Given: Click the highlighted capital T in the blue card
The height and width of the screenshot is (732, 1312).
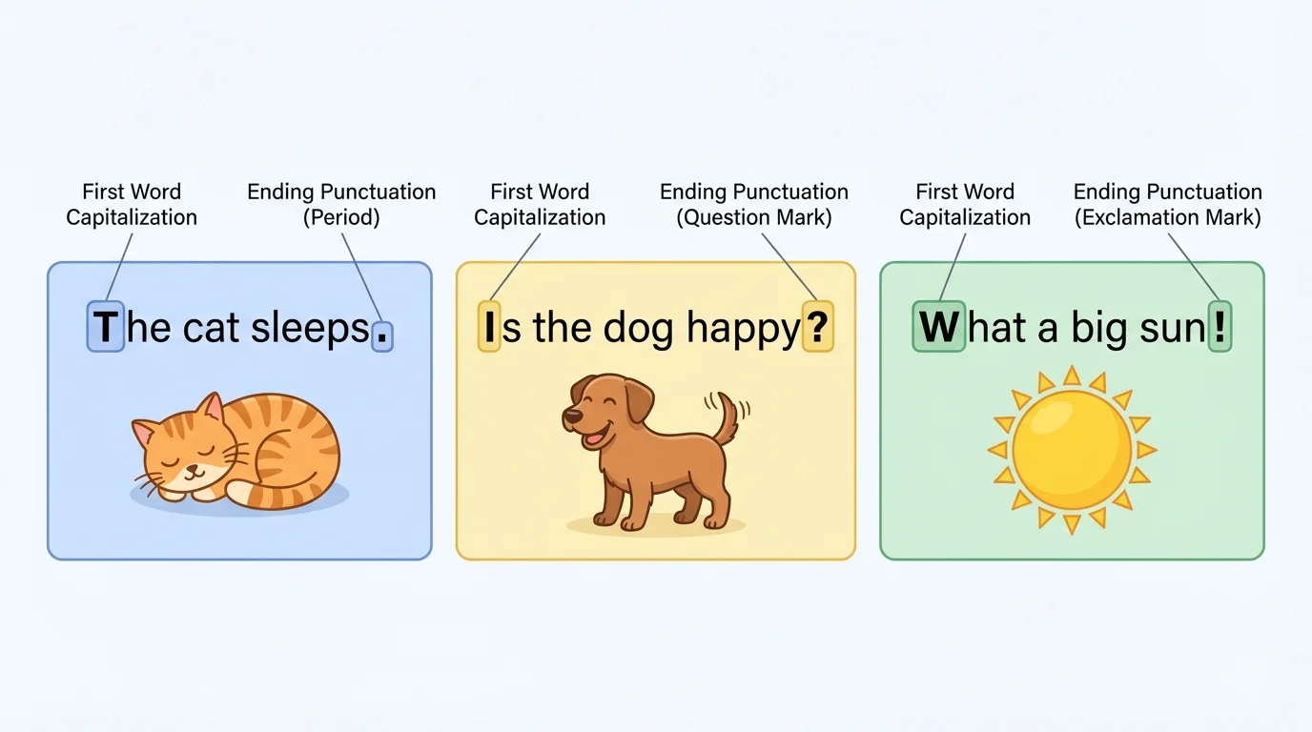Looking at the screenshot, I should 106,328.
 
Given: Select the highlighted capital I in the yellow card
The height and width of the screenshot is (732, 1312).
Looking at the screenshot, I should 489,328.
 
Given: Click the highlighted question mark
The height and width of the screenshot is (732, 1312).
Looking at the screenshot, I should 817,328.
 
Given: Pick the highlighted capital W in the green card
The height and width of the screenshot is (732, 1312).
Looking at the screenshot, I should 939,327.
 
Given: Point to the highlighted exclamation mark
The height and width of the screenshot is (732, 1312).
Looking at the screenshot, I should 1220,327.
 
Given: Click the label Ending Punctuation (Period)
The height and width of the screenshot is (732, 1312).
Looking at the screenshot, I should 341,205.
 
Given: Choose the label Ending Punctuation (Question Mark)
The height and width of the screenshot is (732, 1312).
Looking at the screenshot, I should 754,205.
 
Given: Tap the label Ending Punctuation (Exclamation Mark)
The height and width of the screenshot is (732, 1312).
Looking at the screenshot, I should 1168,205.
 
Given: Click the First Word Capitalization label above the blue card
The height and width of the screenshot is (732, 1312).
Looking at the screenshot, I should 132,205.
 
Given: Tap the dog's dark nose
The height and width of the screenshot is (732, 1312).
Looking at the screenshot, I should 567,417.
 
